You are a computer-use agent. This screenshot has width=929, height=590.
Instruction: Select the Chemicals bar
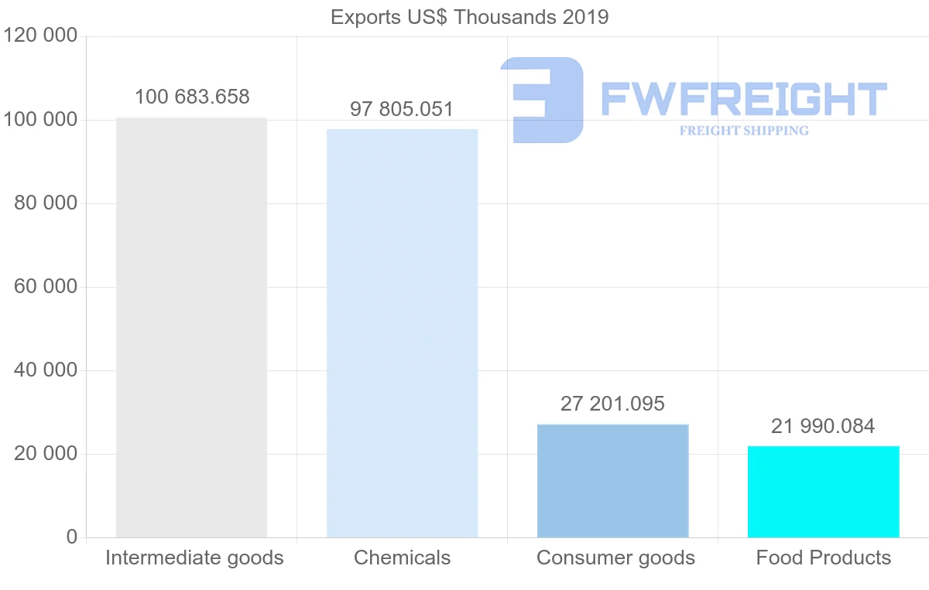point(402,333)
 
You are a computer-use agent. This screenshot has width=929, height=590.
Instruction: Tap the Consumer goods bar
point(612,480)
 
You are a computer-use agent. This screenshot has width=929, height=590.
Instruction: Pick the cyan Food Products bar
point(823,491)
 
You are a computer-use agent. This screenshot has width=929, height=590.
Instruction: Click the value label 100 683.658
point(192,97)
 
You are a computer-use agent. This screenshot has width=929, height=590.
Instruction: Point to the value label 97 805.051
point(402,109)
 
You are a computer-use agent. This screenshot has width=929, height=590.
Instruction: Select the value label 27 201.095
point(612,404)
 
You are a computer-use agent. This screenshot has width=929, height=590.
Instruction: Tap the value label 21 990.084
point(823,426)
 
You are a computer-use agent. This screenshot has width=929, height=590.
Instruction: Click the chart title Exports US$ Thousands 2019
point(469,17)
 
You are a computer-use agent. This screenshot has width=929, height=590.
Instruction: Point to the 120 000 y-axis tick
point(42,36)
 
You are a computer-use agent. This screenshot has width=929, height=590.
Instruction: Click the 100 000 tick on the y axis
point(42,120)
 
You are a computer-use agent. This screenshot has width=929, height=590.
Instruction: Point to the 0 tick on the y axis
point(72,537)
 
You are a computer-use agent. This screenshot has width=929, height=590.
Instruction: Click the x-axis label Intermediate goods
point(194,558)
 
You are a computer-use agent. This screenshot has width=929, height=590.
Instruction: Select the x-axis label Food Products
point(823,558)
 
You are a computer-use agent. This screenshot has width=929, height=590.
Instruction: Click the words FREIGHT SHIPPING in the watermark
point(744,131)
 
